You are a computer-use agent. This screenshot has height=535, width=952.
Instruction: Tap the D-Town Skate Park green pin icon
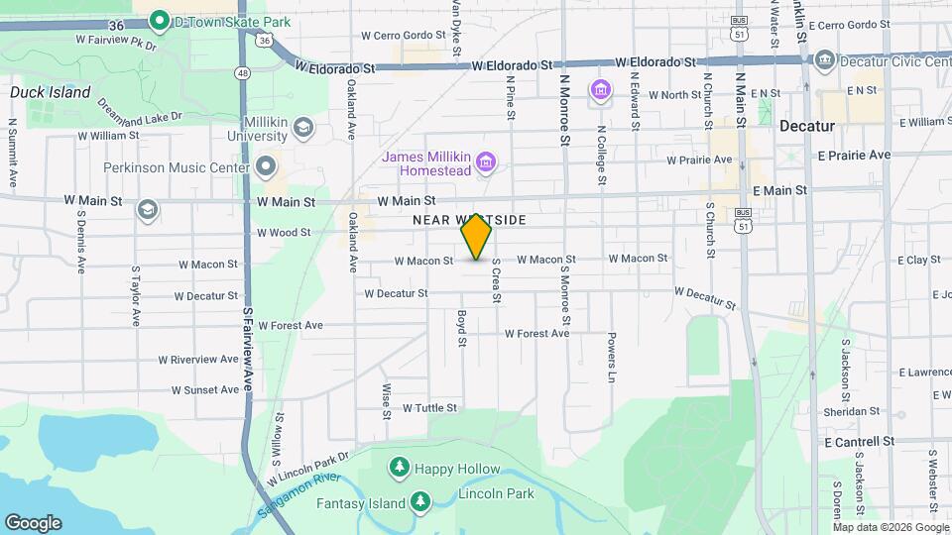pos(158,19)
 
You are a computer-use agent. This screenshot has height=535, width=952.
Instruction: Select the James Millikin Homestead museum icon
pos(485,160)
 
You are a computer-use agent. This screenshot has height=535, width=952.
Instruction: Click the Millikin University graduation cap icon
pos(303,127)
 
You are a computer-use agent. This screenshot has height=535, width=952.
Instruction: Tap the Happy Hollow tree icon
pos(399,467)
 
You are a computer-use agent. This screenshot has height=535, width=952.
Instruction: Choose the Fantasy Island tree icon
pos(420,503)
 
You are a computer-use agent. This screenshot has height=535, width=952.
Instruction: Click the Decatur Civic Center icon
pos(824,61)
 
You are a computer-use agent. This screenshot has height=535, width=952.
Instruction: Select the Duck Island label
pos(50,93)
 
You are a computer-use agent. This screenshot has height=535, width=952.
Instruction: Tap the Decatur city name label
pos(809,127)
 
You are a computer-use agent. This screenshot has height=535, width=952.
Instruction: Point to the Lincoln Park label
pos(496,493)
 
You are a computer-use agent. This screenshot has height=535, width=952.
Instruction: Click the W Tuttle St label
pos(429,407)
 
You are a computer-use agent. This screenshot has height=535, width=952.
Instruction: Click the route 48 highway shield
pos(243,72)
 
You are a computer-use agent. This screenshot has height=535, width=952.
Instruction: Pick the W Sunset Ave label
pos(205,389)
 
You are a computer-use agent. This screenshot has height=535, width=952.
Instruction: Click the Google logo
pos(33,522)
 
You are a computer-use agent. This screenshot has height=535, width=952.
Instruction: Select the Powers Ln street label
pos(612,357)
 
